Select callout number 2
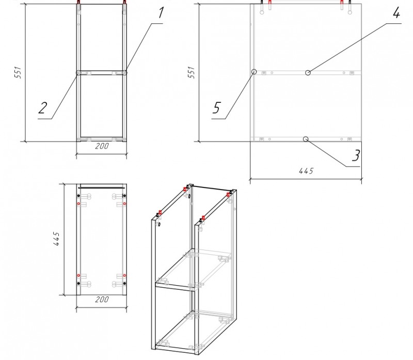pyautogui.click(x=43, y=108)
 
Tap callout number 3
pyautogui.click(x=355, y=155)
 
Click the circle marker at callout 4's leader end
pyautogui.click(x=308, y=73)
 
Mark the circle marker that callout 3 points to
pyautogui.click(x=306, y=139)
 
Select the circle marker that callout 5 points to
pyautogui.click(x=253, y=72)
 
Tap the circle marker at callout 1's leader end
pyautogui.click(x=124, y=73)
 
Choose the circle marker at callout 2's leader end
pyautogui.click(x=79, y=73)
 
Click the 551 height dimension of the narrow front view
pyautogui.click(x=17, y=72)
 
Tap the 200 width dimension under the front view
pyautogui.click(x=102, y=147)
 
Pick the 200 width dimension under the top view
pyautogui.click(x=102, y=299)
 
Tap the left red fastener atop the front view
pyautogui.click(x=78, y=7)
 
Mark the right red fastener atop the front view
pyautogui.click(x=124, y=7)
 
